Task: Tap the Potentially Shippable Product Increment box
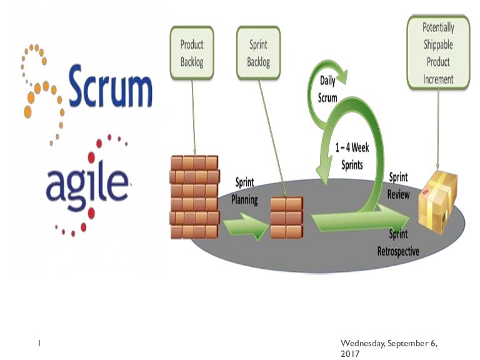(438, 53)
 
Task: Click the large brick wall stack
(194, 197)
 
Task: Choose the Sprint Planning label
(244, 191)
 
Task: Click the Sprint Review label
(399, 186)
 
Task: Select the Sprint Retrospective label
(398, 244)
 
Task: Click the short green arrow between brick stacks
(244, 224)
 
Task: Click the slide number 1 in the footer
(39, 343)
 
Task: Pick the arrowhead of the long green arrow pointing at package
(405, 221)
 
